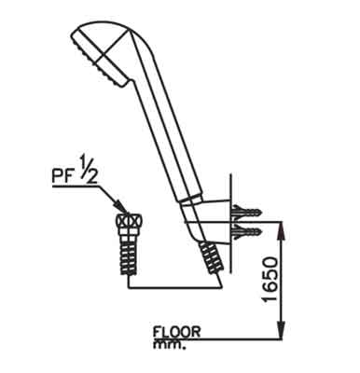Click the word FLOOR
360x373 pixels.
pyautogui.click(x=177, y=332)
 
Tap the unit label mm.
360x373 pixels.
pyautogui.click(x=169, y=345)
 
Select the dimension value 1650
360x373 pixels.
pyautogui.click(x=270, y=279)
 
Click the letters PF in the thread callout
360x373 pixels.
pyautogui.click(x=62, y=177)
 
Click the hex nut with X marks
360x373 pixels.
pyautogui.click(x=129, y=221)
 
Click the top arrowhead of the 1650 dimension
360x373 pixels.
pyautogui.click(x=282, y=229)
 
